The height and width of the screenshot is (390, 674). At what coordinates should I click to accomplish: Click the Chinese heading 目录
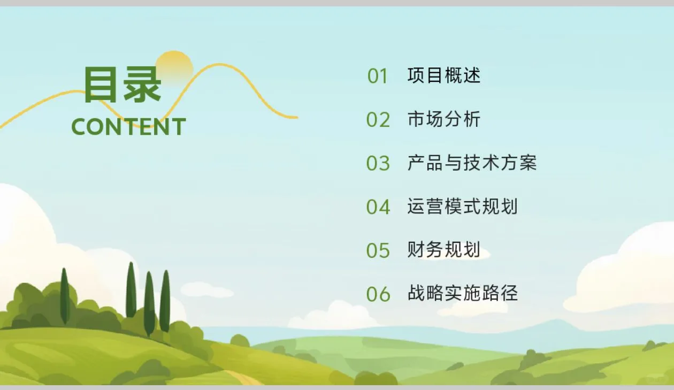pos(122,85)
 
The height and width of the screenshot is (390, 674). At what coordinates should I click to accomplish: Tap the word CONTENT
pos(128,127)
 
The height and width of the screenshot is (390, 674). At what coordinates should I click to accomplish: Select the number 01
pos(378,76)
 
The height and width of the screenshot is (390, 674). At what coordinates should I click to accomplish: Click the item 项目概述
pos(444,75)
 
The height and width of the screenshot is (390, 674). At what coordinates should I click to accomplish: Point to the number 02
pos(378,120)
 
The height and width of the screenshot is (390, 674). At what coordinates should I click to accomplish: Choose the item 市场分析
pos(444,119)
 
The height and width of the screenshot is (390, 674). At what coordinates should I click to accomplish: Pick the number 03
pos(378,163)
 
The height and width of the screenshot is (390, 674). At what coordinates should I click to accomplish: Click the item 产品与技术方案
pos(472,163)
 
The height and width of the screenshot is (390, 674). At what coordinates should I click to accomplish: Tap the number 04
pos(378,207)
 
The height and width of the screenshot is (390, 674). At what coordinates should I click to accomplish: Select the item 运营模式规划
pos(462,207)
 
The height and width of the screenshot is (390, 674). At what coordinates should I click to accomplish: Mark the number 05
pos(378,250)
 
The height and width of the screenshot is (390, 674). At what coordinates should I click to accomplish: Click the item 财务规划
pos(444,250)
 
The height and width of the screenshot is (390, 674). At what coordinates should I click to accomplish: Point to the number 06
pos(378,294)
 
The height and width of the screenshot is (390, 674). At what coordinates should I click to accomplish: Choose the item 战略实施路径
pos(462,293)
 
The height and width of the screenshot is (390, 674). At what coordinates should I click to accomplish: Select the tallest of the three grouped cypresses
pos(131,290)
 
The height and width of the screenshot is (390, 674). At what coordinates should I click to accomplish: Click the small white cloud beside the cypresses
pos(206,290)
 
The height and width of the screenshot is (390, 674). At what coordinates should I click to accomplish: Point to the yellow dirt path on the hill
pos(243,377)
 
